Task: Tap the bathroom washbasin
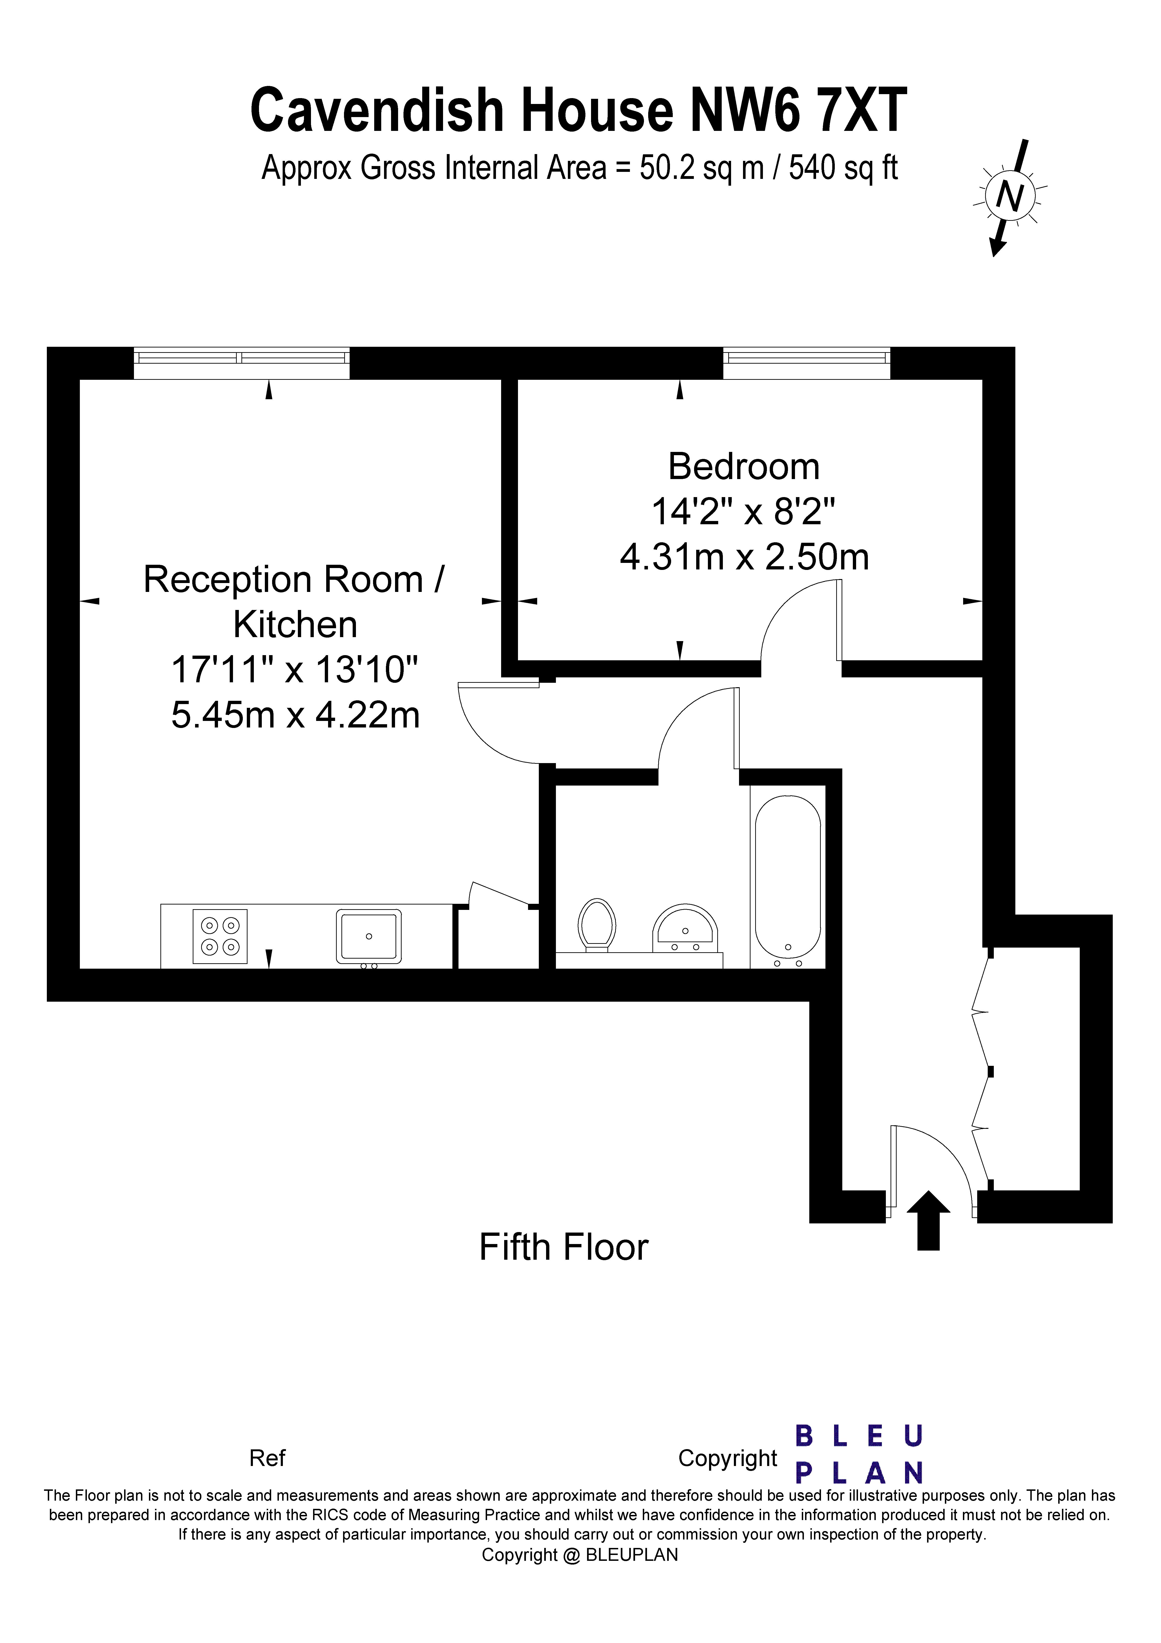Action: [685, 928]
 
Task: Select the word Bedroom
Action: [744, 467]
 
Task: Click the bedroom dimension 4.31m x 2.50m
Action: [744, 557]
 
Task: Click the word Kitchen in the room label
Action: [296, 625]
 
